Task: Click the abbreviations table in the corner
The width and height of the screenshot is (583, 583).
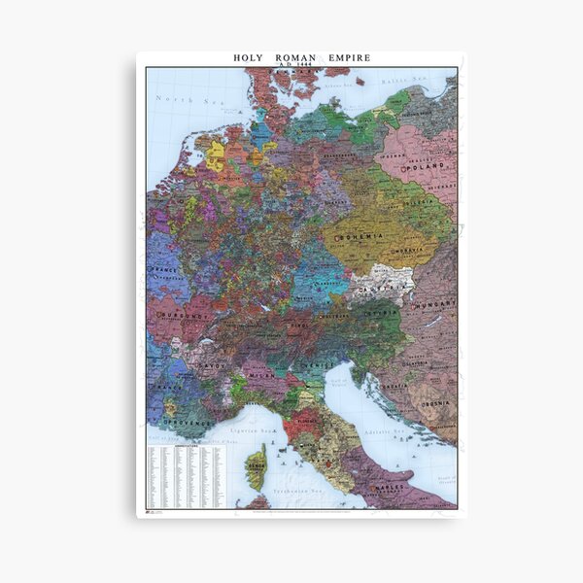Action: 190,476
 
